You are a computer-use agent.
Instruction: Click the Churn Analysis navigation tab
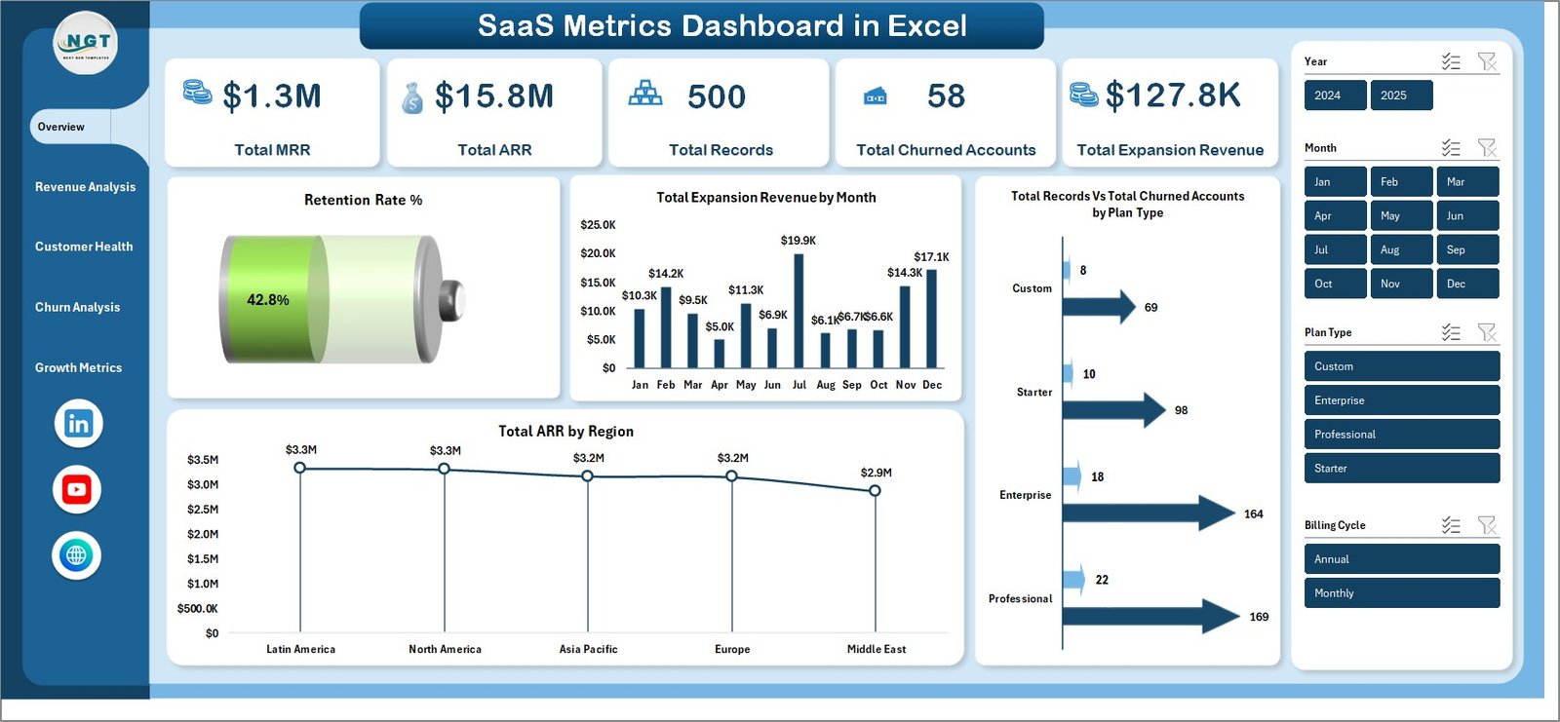pyautogui.click(x=78, y=307)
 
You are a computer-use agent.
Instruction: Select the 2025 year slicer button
pyautogui.click(x=1401, y=95)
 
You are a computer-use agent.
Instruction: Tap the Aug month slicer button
pyautogui.click(x=1401, y=249)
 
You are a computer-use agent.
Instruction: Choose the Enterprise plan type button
pyautogui.click(x=1401, y=400)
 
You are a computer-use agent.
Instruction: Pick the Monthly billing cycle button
pyautogui.click(x=1401, y=592)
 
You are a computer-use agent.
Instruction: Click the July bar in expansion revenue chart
pyautogui.click(x=799, y=310)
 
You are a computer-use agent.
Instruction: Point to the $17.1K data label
pyautogui.click(x=931, y=257)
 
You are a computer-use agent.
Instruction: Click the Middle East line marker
pyautogui.click(x=875, y=490)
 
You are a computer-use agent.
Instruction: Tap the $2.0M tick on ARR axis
pyautogui.click(x=203, y=534)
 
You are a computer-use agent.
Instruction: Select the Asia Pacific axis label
pyautogui.click(x=588, y=649)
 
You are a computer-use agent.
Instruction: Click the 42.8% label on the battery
pyautogui.click(x=268, y=300)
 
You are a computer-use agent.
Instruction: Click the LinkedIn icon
pyautogui.click(x=78, y=423)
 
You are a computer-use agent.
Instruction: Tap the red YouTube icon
pyautogui.click(x=77, y=489)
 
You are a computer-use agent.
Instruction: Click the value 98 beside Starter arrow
pyautogui.click(x=1181, y=410)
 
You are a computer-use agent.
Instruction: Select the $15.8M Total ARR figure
pyautogui.click(x=493, y=96)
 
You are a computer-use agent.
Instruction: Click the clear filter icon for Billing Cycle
pyautogui.click(x=1486, y=525)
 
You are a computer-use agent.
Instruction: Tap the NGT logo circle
pyautogui.click(x=86, y=43)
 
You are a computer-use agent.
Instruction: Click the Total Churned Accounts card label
pyautogui.click(x=946, y=150)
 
